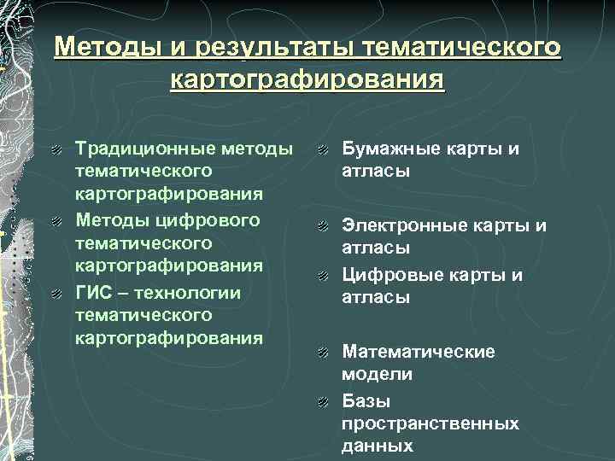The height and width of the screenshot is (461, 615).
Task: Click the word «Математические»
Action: (419, 352)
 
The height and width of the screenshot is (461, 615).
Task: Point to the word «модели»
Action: (377, 374)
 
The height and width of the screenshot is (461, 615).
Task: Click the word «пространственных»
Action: (430, 423)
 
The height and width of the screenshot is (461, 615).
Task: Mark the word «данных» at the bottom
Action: (377, 446)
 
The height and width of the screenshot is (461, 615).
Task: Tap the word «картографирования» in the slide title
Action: (307, 81)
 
